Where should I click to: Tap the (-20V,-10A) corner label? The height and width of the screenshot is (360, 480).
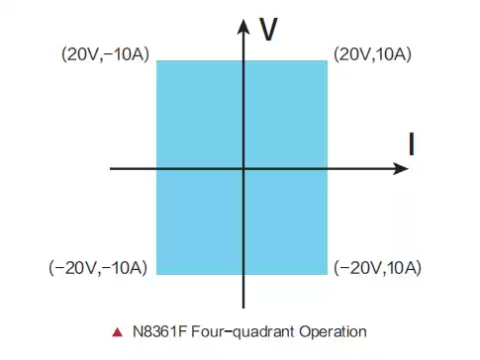coord(98,268)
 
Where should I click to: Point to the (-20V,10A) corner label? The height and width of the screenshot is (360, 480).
coord(379,268)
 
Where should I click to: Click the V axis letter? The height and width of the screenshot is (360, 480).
coord(267,30)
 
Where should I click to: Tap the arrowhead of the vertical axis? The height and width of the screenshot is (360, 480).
coord(243,22)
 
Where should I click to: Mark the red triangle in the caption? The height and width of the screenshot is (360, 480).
coord(118,331)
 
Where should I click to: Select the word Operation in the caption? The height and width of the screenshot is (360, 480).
coord(332,331)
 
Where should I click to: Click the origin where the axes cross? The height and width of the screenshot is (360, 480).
coord(243,168)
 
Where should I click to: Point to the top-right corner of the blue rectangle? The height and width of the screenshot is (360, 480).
coord(327,61)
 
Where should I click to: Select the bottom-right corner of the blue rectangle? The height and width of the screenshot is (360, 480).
coord(327,274)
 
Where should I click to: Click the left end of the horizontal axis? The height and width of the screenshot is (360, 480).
coord(111,168)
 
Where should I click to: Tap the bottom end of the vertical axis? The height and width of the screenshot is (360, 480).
coord(243,308)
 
